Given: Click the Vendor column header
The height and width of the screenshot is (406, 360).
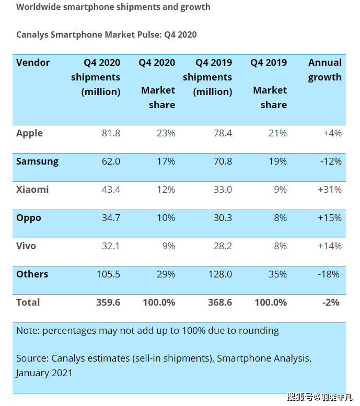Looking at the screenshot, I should tap(33, 63).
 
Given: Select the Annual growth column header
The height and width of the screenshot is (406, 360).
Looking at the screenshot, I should tap(324, 70).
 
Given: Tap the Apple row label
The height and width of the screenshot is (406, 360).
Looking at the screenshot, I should tap(29, 133).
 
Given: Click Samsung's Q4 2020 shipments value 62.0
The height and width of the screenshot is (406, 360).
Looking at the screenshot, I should tap(111, 161).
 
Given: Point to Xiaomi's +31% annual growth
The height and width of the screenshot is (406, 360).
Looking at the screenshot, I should tap(330, 190).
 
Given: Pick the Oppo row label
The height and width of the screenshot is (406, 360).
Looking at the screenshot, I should tap(29, 218).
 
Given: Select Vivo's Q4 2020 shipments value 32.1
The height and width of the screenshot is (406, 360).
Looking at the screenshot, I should tap(111, 246).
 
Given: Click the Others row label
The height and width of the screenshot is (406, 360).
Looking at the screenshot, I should tap(32, 274).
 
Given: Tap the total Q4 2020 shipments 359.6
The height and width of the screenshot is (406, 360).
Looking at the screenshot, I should tap(108, 303).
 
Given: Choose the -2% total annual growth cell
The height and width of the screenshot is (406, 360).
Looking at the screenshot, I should tap(331, 303).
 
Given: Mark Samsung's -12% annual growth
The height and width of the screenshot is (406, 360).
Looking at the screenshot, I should tap(330, 161).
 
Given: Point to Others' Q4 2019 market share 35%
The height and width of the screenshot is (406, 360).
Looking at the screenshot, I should tap(277, 274).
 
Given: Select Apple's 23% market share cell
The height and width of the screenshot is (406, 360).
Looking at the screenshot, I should tap(166, 133).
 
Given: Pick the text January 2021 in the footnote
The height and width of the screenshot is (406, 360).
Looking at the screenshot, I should tap(44, 373).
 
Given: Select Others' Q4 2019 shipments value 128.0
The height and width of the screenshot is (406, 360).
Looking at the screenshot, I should tap(220, 274).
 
